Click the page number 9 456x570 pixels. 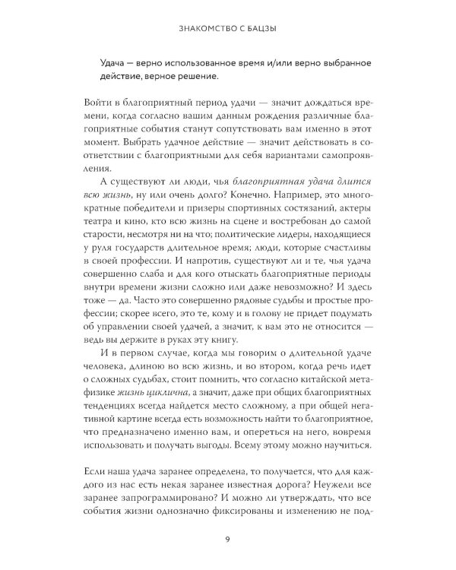(x=229, y=540)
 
